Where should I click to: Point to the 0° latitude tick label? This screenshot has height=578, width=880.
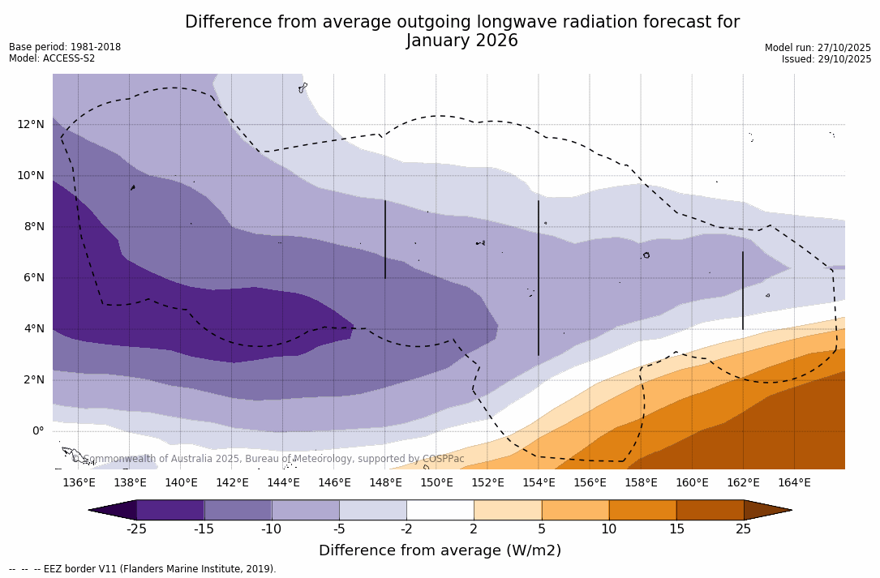37,430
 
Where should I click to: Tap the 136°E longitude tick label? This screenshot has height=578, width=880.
79,482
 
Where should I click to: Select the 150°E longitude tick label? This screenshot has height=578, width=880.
436,482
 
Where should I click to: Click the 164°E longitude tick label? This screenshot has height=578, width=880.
794,482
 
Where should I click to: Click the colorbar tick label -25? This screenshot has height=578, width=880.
136,529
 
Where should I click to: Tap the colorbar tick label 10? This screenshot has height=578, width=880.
608,529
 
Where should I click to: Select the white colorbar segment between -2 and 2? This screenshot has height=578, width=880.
440,510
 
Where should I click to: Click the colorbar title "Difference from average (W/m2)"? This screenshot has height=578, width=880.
440,550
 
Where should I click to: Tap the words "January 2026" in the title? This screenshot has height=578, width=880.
461,41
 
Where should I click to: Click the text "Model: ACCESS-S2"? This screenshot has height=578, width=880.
52,58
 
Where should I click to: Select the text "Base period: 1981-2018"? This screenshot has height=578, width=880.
65,47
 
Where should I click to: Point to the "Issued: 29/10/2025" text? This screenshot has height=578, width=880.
826,59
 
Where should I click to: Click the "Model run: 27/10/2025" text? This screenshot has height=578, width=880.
818,48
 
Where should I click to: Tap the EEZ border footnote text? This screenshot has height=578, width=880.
143,569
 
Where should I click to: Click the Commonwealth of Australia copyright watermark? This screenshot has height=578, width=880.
268,459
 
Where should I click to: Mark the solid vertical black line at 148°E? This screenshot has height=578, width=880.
385,239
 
